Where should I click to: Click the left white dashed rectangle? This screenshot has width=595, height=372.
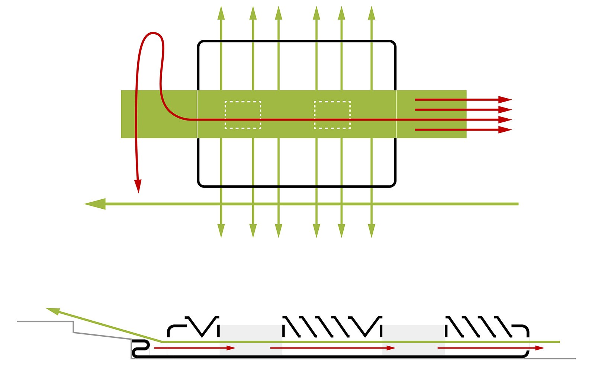click(x=243, y=115)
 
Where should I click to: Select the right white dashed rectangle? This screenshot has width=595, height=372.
click(x=332, y=115)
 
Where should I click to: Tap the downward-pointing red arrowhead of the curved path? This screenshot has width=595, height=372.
click(x=138, y=186)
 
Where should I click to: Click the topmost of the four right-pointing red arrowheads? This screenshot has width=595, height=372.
click(x=505, y=100)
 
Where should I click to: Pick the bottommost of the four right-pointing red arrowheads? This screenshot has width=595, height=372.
click(x=505, y=130)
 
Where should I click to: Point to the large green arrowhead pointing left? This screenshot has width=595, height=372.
click(x=95, y=204)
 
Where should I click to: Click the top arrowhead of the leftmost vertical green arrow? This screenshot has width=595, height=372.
click(x=221, y=13)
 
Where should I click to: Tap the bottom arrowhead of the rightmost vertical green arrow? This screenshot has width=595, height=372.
click(x=372, y=231)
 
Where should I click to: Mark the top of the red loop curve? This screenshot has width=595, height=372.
click(x=152, y=33)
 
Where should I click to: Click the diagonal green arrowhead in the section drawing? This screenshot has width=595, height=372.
click(x=53, y=311)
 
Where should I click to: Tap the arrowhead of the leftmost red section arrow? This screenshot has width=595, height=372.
click(x=231, y=348)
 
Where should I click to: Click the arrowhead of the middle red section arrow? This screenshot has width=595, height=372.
click(x=391, y=348)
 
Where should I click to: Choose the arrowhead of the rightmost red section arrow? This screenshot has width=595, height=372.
click(x=540, y=348)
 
